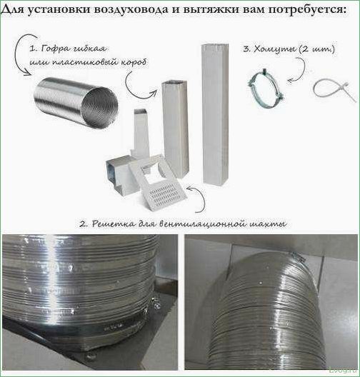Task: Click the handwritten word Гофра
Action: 56,49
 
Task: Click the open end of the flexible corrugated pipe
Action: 100,106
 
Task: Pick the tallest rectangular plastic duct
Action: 215,113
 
